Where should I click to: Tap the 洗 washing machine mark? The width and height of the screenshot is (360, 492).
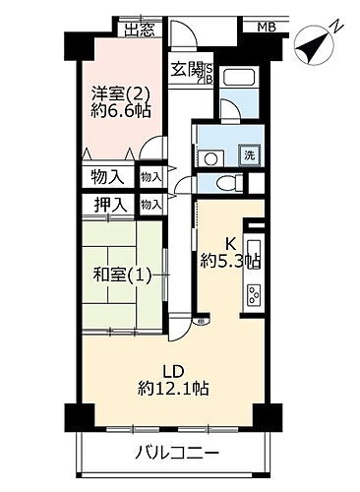tap(250, 154)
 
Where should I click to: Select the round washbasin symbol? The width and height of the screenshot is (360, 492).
tap(211, 156)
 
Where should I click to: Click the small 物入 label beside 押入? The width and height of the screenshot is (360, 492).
tap(150, 205)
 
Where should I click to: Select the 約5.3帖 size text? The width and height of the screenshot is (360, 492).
tap(231, 261)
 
